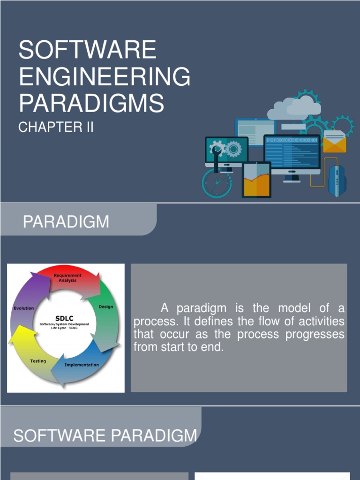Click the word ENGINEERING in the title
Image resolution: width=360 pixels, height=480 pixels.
(105, 77)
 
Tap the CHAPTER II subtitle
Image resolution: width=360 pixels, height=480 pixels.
(56, 127)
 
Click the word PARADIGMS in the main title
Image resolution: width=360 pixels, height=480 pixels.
(91, 103)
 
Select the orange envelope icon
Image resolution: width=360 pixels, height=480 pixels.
(335, 142)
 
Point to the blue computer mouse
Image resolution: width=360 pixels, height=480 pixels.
(337, 181)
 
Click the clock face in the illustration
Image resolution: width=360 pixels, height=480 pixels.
(217, 183)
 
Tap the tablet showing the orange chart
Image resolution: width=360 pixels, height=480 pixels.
(256, 180)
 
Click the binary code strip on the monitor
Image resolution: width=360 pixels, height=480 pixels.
(292, 140)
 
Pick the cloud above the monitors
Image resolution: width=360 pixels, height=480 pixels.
(295, 108)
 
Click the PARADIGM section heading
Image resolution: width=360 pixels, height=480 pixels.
(66, 222)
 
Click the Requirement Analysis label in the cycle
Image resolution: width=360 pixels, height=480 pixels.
(67, 277)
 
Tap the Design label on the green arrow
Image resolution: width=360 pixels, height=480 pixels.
(105, 307)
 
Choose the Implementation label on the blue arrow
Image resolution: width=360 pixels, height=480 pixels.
(82, 365)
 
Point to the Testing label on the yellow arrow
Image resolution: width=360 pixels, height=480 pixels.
(38, 361)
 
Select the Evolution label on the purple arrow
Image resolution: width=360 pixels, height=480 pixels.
(23, 308)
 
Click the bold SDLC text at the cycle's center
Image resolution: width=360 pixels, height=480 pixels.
(64, 318)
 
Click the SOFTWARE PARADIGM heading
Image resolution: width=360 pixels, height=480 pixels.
(105, 436)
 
